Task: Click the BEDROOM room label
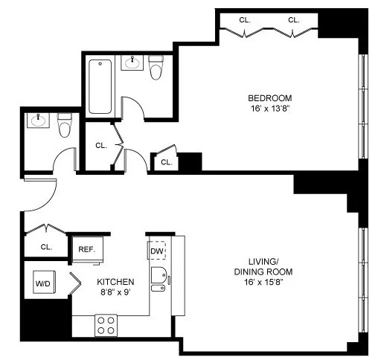point(269,97)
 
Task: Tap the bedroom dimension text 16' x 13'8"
point(269,109)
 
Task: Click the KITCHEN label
point(115,282)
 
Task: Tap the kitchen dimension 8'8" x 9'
point(115,294)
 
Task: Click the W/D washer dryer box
point(42,283)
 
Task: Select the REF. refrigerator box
point(86,249)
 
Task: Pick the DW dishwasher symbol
point(156,252)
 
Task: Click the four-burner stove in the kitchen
point(106,324)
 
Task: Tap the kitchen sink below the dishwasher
point(159,277)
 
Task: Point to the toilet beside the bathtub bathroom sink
point(156,69)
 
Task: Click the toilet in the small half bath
point(64,127)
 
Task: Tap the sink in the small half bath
point(37,120)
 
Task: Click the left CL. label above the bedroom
point(244,19)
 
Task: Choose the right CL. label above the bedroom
point(293,19)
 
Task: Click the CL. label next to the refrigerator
point(46,246)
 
